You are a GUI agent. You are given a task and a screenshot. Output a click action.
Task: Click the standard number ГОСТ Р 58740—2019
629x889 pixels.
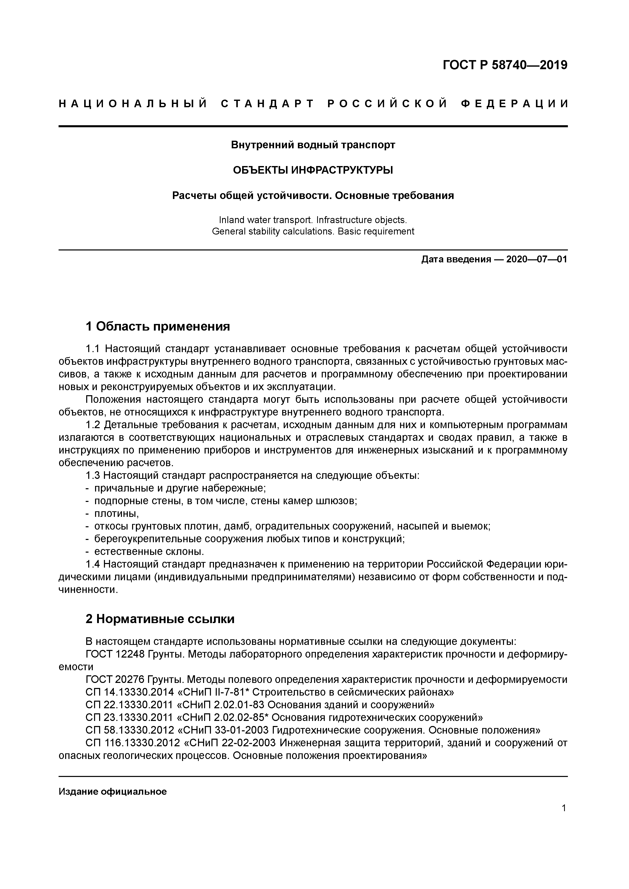pyautogui.click(x=505, y=65)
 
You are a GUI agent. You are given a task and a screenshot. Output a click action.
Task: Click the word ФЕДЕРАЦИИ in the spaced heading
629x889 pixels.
pyautogui.click(x=515, y=104)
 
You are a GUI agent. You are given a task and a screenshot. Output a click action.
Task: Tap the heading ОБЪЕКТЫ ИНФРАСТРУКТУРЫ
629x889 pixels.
pyautogui.click(x=313, y=170)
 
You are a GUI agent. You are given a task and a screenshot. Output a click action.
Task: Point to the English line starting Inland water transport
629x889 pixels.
pyautogui.click(x=313, y=220)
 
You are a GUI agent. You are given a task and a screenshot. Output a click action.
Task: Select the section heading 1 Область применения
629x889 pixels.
pyautogui.click(x=158, y=326)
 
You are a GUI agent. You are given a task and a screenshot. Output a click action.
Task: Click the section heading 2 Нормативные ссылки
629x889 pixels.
pyautogui.click(x=160, y=619)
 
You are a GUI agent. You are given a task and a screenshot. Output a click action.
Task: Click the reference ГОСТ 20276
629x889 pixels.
pyautogui.click(x=115, y=680)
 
